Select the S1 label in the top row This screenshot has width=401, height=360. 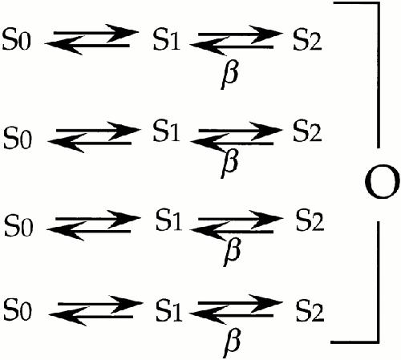[x=166, y=39]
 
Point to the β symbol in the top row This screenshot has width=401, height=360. [x=229, y=75]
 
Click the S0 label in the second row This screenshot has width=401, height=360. [x=18, y=138]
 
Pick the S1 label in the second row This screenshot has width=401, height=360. [x=166, y=131]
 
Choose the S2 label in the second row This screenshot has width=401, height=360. [x=307, y=131]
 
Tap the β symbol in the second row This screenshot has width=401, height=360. [x=229, y=164]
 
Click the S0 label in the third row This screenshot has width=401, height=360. [x=18, y=226]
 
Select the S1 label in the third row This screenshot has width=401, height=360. [x=169, y=220]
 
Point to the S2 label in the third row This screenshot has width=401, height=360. [x=310, y=220]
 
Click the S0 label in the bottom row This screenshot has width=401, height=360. [x=18, y=309]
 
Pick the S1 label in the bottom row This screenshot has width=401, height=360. [x=169, y=310]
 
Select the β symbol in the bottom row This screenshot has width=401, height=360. [x=232, y=343]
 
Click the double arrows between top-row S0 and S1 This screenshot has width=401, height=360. [x=91, y=39]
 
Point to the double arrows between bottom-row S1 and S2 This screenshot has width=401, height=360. [x=236, y=309]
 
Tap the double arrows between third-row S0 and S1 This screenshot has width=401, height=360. [x=94, y=225]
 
